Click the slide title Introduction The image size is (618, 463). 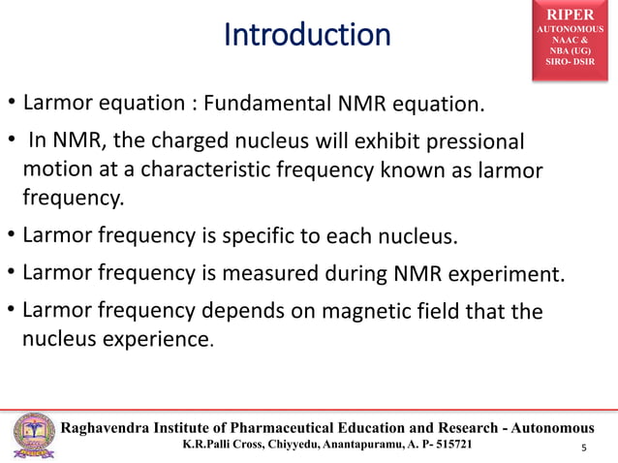tap(307, 35)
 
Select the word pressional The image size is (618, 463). tap(479, 144)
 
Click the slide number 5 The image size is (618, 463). tap(583, 448)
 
